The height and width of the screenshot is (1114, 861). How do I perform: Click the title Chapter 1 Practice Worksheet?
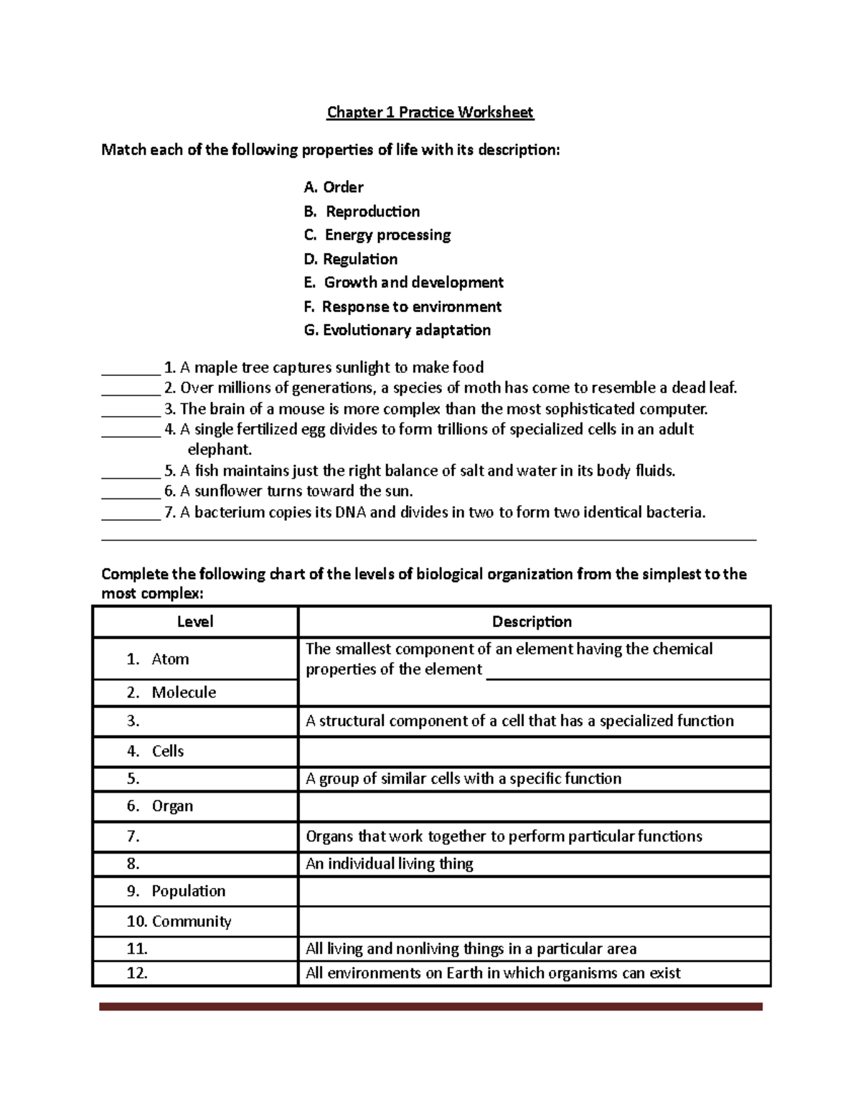pos(430,112)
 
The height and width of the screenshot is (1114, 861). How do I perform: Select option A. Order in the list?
pos(334,187)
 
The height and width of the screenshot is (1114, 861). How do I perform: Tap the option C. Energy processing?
pos(377,235)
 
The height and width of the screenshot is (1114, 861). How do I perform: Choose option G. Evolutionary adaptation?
pos(397,330)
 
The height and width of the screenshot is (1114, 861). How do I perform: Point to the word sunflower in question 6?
pos(228,491)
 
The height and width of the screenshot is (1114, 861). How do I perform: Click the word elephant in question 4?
pos(220,450)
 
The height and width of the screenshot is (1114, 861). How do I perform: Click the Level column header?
pos(195,622)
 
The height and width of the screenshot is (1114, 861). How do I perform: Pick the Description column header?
pos(532,622)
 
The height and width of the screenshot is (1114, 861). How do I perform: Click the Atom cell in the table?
pos(170,659)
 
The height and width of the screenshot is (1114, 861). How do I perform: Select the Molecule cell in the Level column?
pos(184,692)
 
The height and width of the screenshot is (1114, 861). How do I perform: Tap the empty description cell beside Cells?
pos(534,752)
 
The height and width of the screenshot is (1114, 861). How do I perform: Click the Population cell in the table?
pos(188,891)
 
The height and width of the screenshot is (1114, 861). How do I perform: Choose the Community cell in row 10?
pos(191,921)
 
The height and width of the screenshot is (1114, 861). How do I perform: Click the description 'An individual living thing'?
pos(390,864)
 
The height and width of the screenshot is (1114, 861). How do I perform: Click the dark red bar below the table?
pos(430,1007)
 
